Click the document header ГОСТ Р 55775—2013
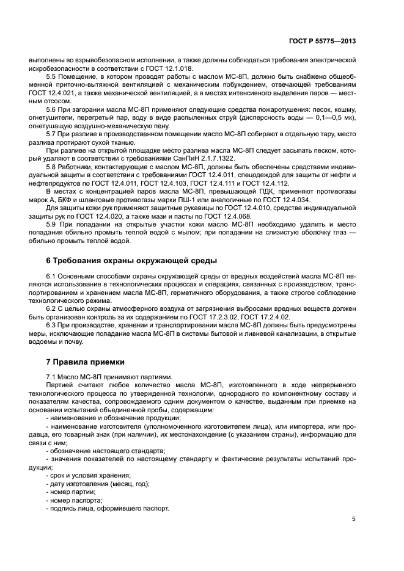pyautogui.click(x=323, y=42)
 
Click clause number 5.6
pyautogui.click(x=52, y=108)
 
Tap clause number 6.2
pyautogui.click(x=52, y=308)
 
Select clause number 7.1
pyautogui.click(x=52, y=377)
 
